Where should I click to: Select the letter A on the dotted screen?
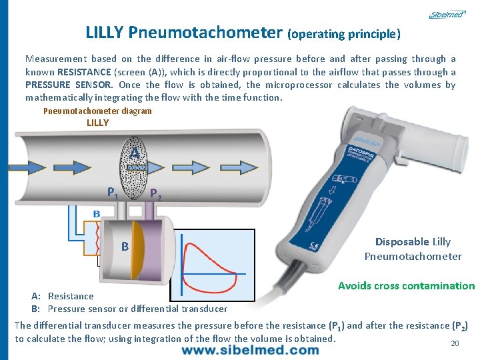coord(134,153)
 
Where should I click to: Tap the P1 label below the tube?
coord(113,193)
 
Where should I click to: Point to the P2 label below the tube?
coord(155,195)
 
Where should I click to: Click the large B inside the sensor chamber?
coord(125,247)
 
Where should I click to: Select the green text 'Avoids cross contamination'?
coord(406,286)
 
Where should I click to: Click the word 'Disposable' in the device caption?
coord(402,242)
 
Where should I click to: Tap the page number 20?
coord(455,343)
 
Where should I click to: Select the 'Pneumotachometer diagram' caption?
coord(97,111)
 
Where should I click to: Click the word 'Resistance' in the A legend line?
coord(71,296)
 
